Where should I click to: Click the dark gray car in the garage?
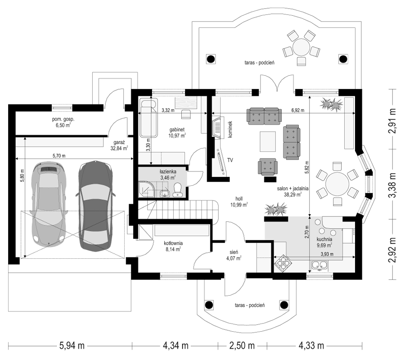coord(95,205)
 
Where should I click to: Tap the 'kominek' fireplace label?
coord(230,129)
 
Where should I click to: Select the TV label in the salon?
coord(230,160)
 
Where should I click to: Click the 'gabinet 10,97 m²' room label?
coord(177,132)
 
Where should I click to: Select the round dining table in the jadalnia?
coord(337,184)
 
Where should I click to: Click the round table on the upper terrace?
coord(301,47)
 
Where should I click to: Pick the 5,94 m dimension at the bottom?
coord(72,346)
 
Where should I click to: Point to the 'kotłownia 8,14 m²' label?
coord(173,246)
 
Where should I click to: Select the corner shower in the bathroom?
coord(147,190)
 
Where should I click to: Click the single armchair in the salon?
coord(268,167)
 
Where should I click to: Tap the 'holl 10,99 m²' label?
coord(239,202)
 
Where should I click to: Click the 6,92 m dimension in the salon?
coord(298,110)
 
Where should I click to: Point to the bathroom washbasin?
coord(164,193)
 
